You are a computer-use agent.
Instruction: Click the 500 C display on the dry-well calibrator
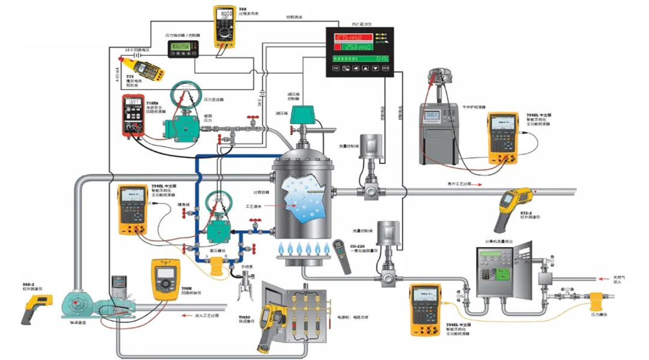coord(433,114)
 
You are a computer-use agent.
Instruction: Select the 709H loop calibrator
coord(165,279)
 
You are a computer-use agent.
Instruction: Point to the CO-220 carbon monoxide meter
coord(342,256)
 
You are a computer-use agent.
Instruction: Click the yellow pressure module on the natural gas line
coord(599,299)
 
